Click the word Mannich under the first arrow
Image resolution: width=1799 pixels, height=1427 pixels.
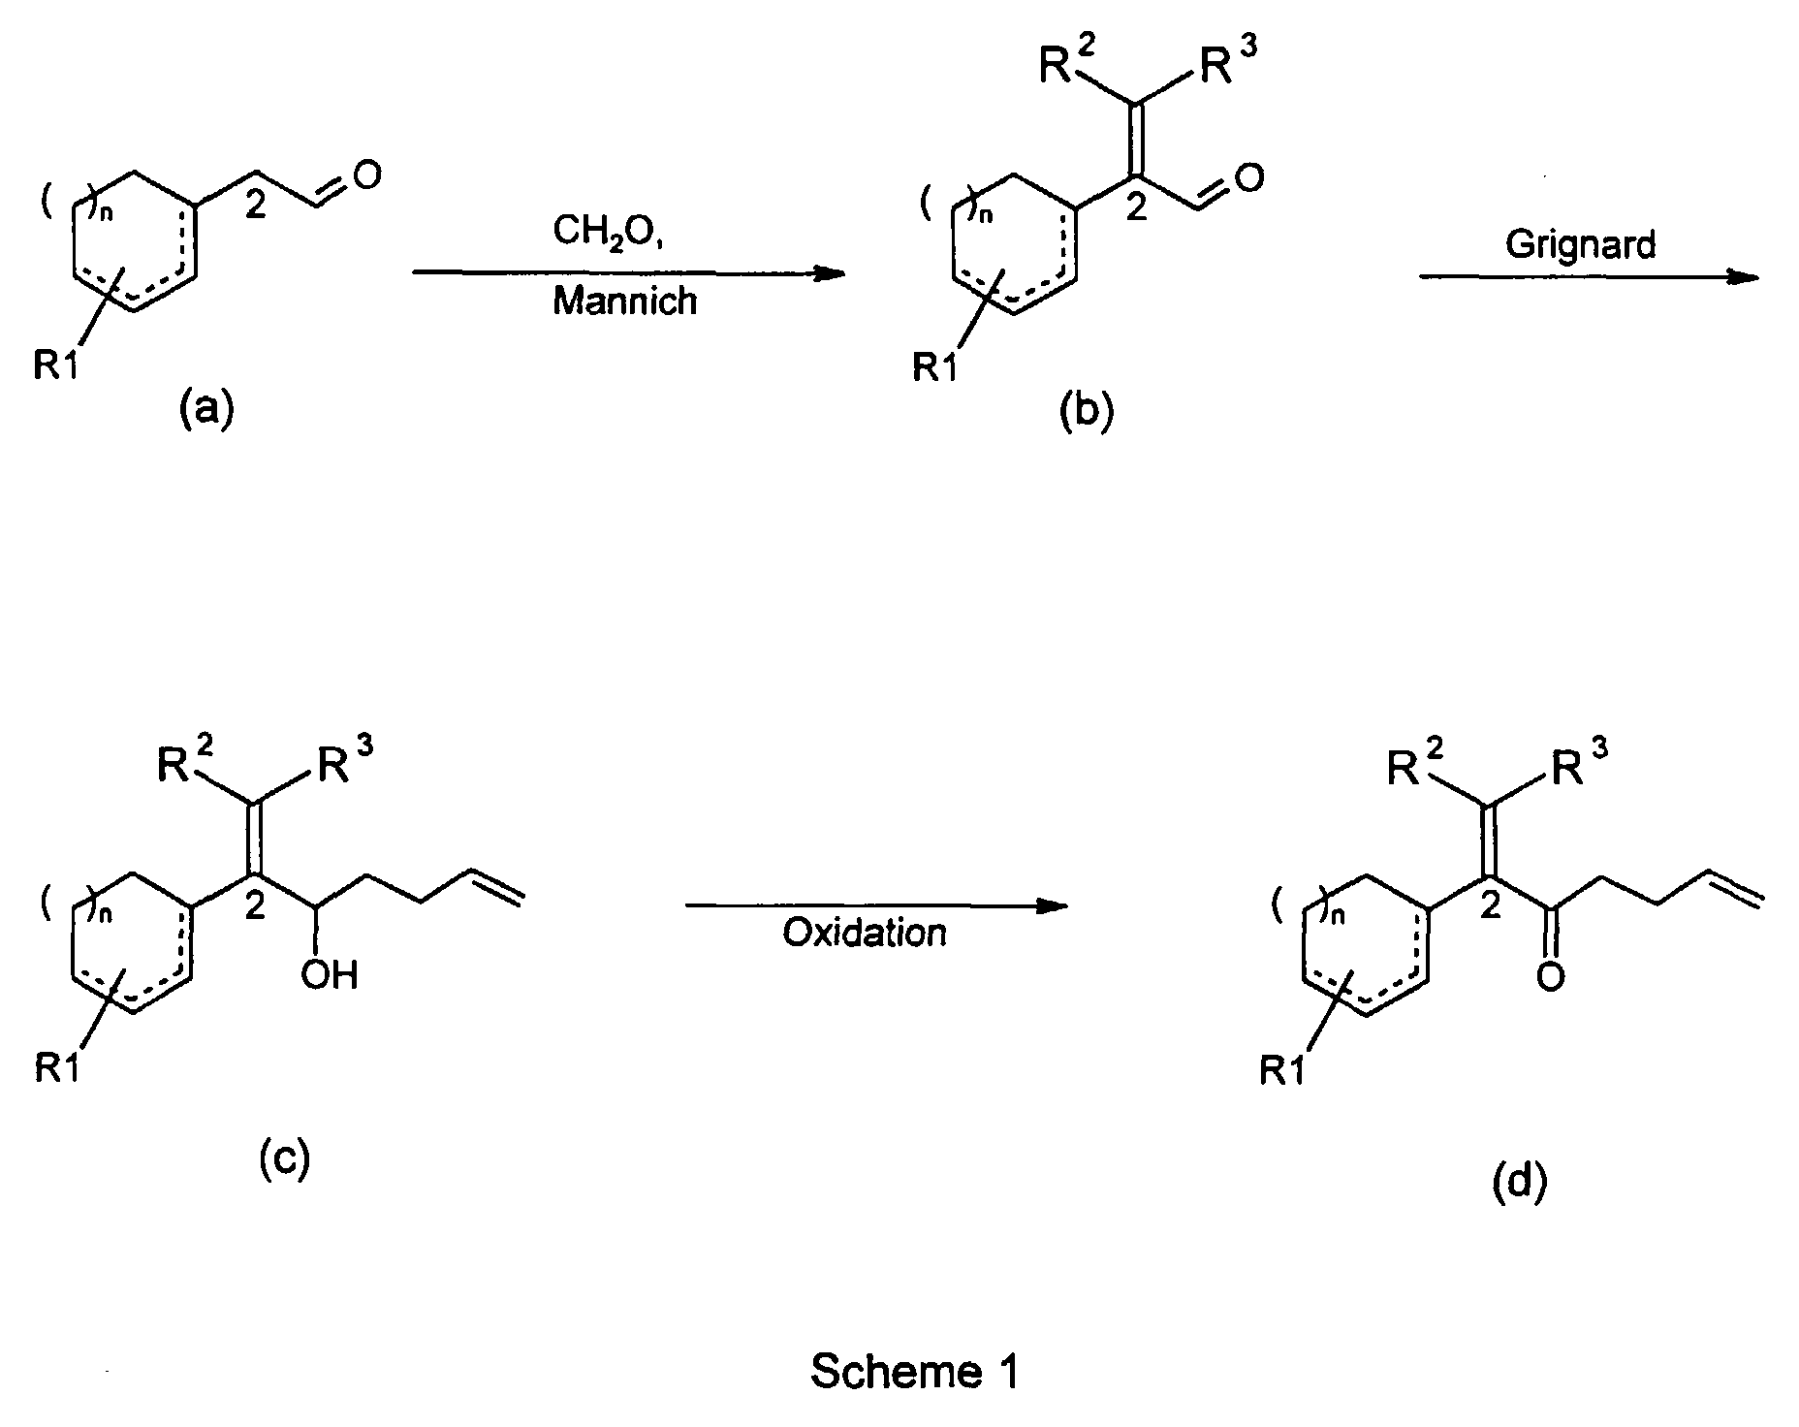624,301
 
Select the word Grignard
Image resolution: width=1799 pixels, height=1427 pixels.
1581,246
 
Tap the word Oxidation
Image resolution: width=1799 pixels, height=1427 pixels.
865,933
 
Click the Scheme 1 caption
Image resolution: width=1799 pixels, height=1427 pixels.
914,1372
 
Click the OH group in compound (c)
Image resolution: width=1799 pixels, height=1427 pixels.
329,974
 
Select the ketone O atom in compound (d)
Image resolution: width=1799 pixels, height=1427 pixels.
1551,976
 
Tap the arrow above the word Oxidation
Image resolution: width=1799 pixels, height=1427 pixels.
876,906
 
